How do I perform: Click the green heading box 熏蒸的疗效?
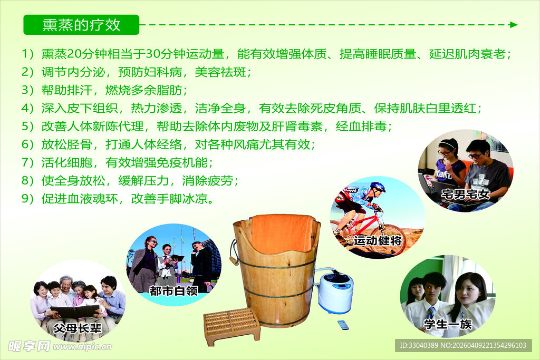(81, 25)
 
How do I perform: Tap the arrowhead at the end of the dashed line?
(514, 25)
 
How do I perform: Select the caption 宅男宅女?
(466, 194)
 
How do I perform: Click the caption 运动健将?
(378, 241)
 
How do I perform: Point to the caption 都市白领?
(173, 290)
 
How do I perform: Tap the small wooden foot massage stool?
(232, 325)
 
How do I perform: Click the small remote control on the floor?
(343, 325)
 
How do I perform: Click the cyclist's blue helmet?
(378, 187)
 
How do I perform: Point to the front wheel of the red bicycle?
(389, 240)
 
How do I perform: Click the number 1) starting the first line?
(27, 54)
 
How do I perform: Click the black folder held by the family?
(74, 312)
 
